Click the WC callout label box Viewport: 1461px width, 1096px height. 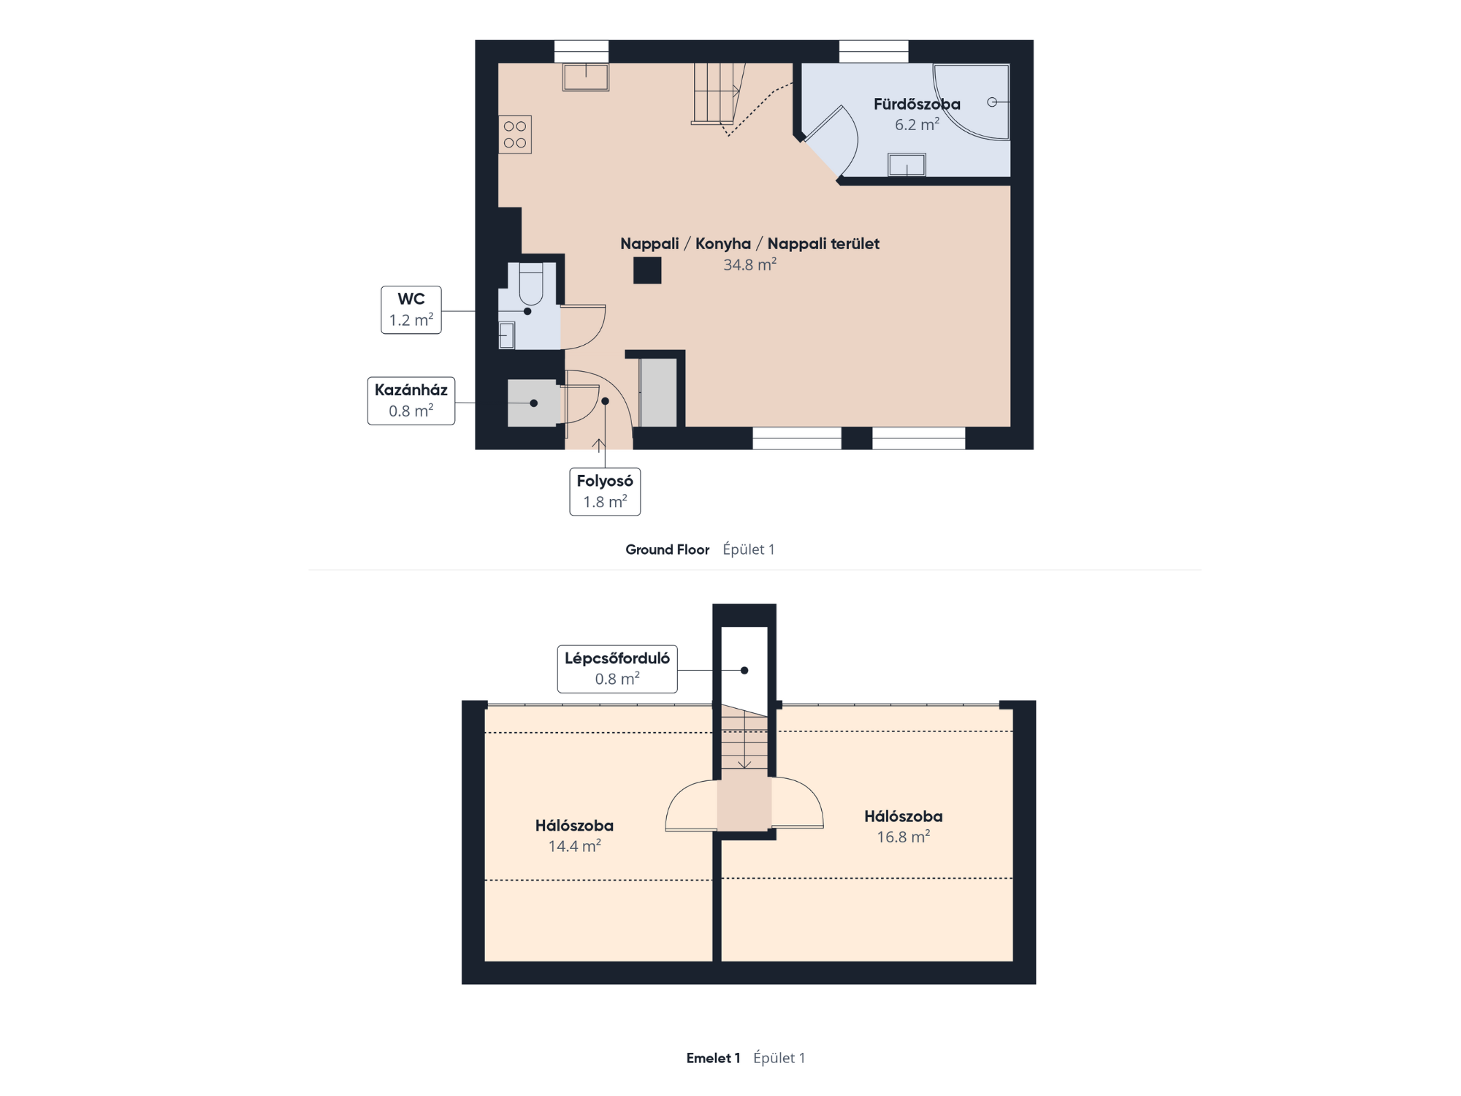coord(411,310)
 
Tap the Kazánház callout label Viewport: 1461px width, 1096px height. coord(411,400)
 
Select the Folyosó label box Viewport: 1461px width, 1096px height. coord(605,492)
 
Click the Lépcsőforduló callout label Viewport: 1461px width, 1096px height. coord(617,669)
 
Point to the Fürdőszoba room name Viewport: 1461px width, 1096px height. coord(917,104)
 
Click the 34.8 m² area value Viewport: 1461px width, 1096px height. coord(749,265)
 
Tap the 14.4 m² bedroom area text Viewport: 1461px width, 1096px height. coord(574,846)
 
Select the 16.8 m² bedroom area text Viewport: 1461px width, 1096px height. coord(903,837)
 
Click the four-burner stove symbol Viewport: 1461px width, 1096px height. coord(515,134)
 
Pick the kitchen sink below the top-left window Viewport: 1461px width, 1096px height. coord(586,77)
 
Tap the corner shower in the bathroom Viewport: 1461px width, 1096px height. coord(972,102)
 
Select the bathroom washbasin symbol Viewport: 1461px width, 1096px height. coord(907,164)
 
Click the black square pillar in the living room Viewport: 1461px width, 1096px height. coord(647,270)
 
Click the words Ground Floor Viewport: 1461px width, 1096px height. coord(667,549)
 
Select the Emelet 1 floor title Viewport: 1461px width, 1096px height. coord(713,1058)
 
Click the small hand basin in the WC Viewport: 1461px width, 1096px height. coord(507,335)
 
